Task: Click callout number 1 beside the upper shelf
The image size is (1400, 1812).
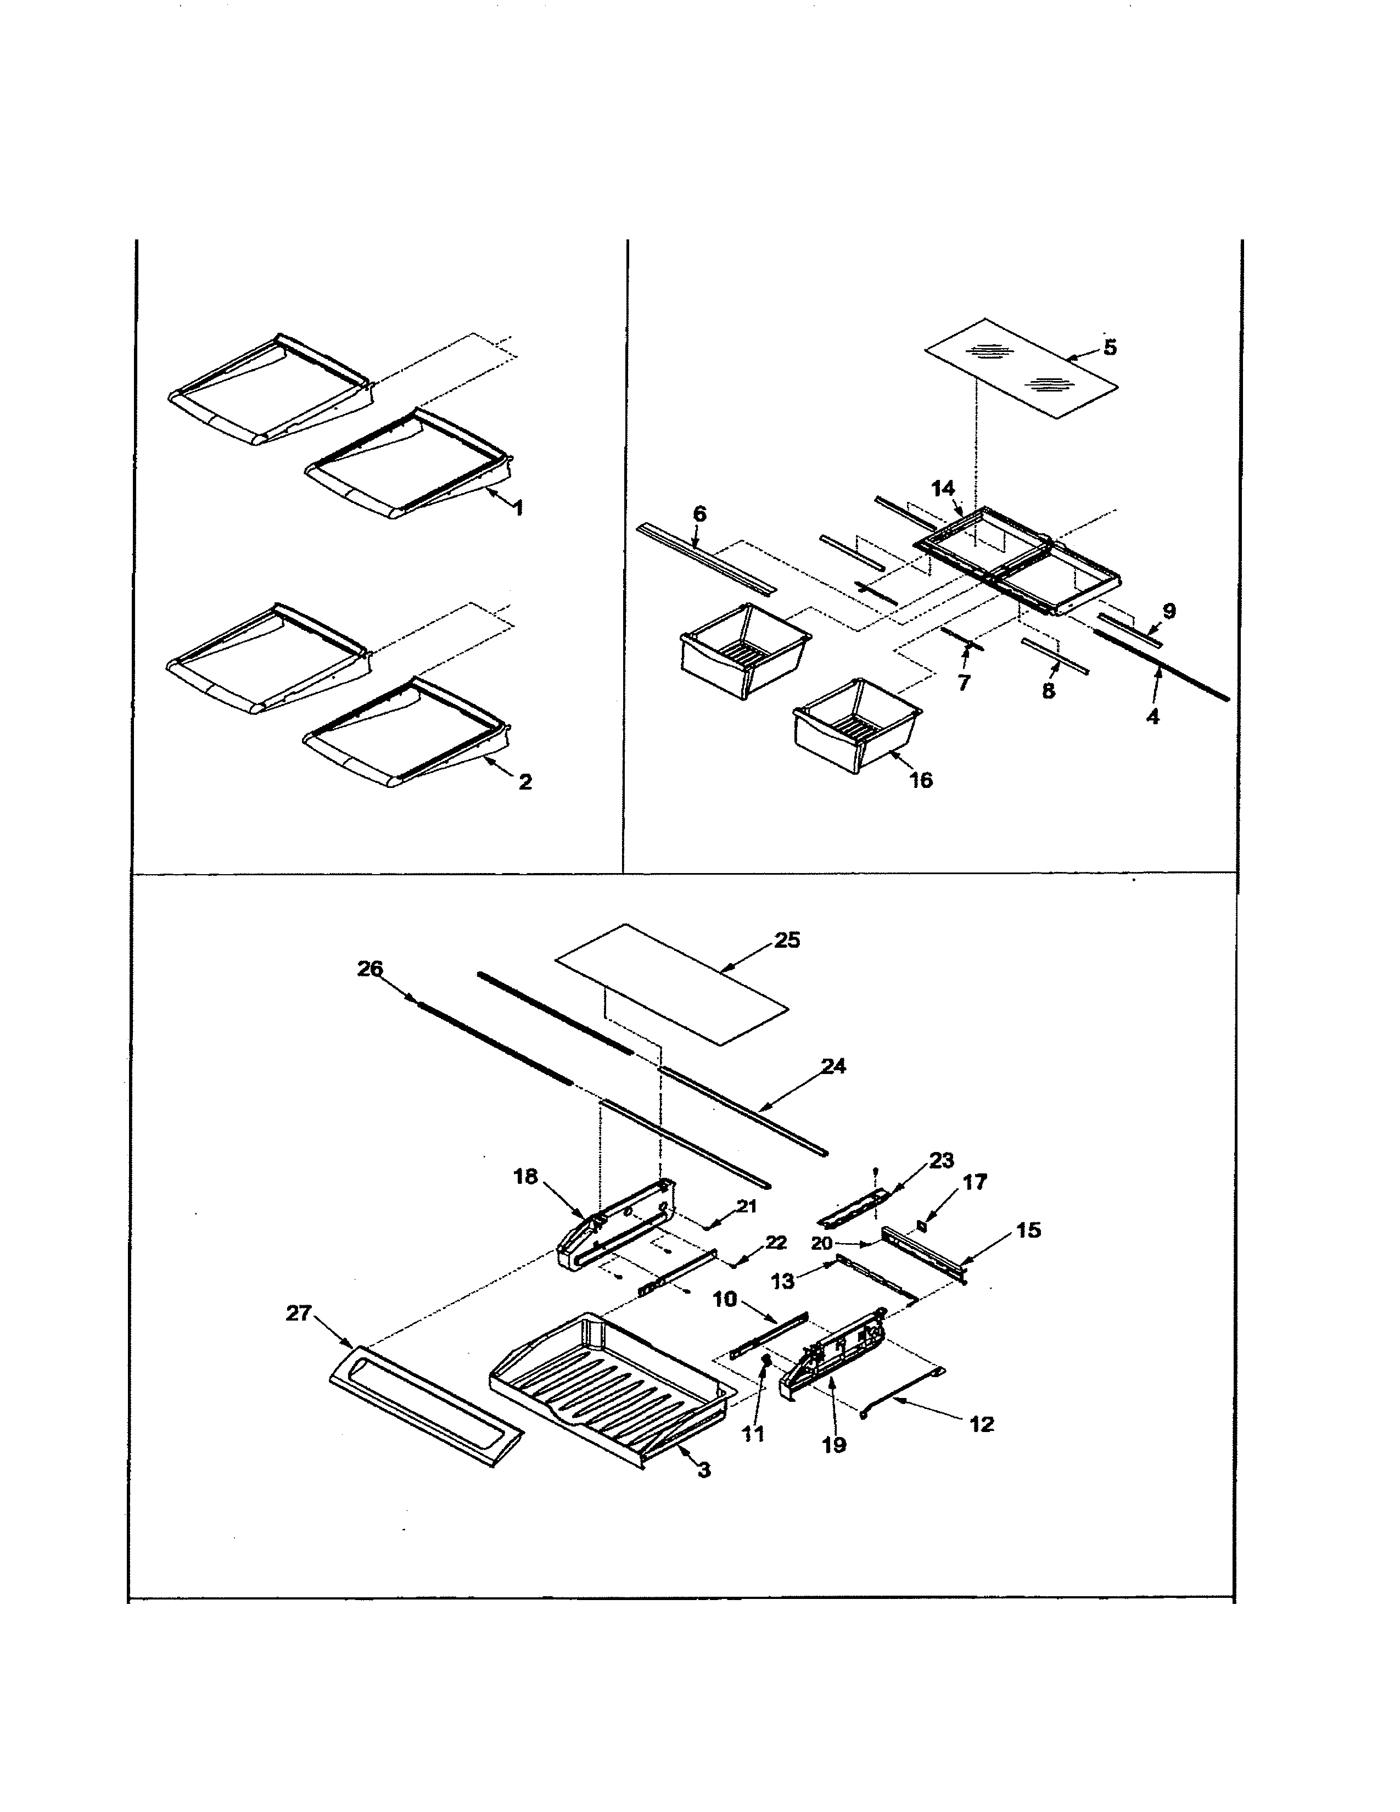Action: pyautogui.click(x=518, y=508)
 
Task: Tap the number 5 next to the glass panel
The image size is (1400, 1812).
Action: pyautogui.click(x=1110, y=347)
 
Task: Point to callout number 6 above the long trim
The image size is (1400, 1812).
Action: pyautogui.click(x=699, y=514)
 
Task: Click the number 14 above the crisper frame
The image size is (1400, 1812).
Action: pyautogui.click(x=943, y=489)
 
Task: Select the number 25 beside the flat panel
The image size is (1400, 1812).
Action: pyautogui.click(x=787, y=940)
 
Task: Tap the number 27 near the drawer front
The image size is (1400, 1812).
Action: pyautogui.click(x=299, y=1313)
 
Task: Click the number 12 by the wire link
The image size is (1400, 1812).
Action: pyautogui.click(x=981, y=1424)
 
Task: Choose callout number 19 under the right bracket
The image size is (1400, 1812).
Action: pyautogui.click(x=835, y=1445)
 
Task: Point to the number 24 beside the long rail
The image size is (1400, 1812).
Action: pyautogui.click(x=833, y=1066)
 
